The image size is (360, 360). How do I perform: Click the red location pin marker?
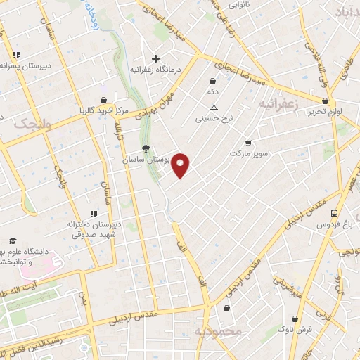(x=181, y=165)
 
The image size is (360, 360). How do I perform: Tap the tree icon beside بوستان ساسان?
(x=146, y=148)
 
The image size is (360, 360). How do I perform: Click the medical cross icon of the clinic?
(x=156, y=58)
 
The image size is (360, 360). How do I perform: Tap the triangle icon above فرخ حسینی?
(x=214, y=108)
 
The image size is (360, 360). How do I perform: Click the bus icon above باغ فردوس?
(x=335, y=213)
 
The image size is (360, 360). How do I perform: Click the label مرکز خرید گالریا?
(x=103, y=111)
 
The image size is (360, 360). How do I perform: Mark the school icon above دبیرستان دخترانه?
(x=92, y=214)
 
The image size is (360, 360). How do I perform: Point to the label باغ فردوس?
(x=338, y=225)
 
